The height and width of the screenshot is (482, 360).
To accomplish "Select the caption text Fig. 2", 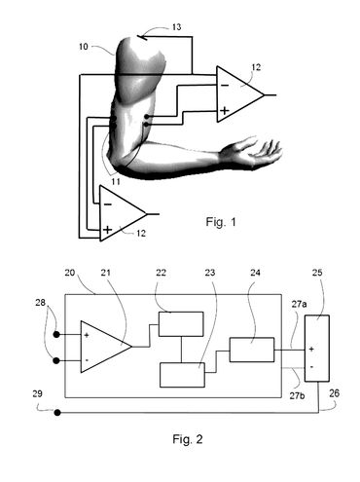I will point(181,439).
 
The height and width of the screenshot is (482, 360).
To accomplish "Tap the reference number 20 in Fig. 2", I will point(69,272).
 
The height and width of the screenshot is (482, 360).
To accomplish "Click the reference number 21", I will point(107,272).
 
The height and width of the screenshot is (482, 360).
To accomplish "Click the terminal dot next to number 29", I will point(59,413).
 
